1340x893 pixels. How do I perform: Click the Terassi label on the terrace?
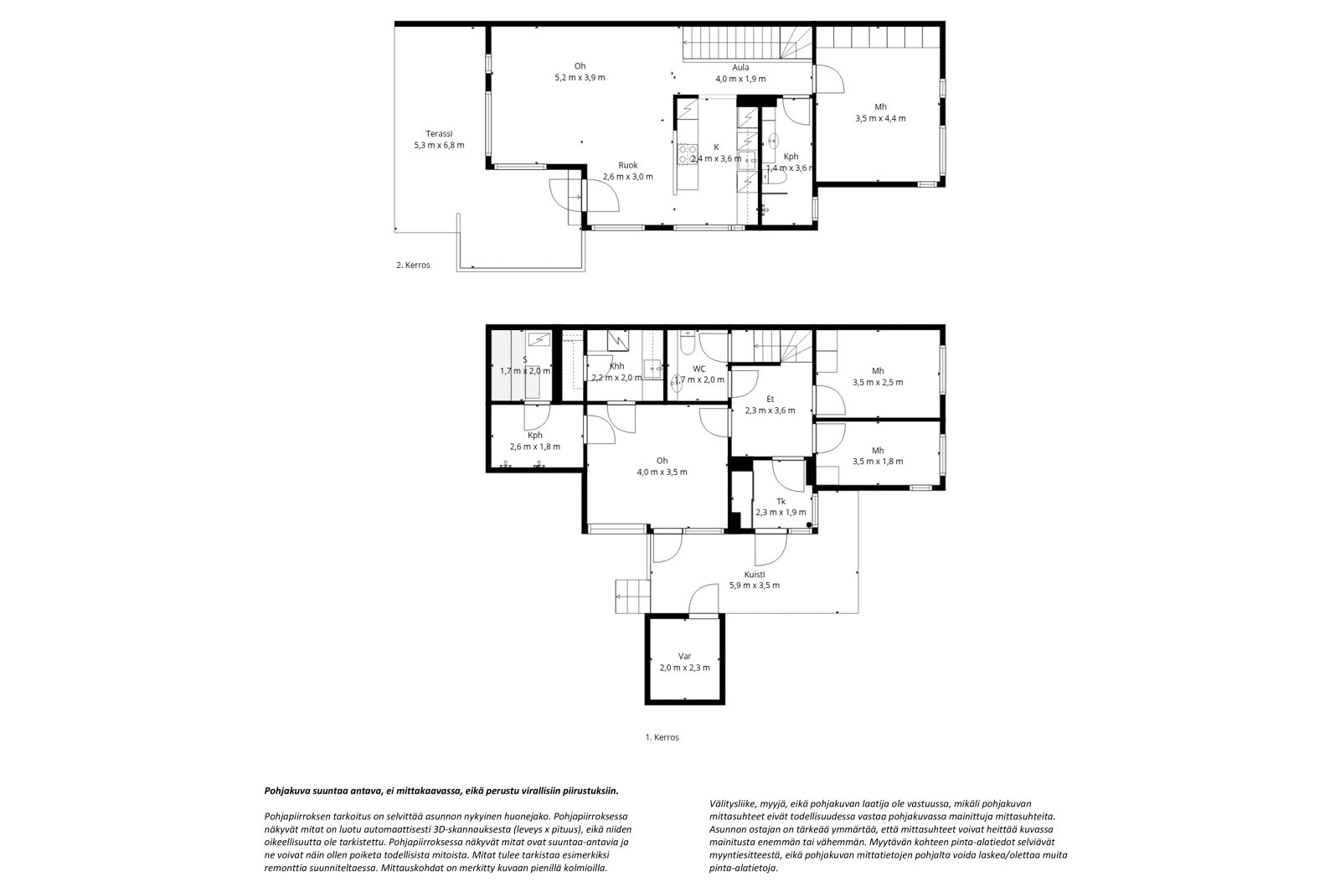click(439, 134)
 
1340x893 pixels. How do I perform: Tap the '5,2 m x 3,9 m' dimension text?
click(580, 77)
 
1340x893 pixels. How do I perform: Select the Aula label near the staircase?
click(740, 68)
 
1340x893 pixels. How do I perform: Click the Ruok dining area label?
click(628, 165)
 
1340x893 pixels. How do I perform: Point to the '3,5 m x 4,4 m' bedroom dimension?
click(880, 118)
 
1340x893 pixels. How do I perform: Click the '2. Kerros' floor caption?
click(413, 266)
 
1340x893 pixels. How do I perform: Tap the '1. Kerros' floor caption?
click(662, 737)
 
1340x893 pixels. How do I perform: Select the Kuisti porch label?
click(755, 575)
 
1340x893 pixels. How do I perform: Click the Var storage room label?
click(684, 657)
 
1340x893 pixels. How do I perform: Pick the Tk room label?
click(781, 502)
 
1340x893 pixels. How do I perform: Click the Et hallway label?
click(770, 400)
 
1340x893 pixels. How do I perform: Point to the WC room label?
click(699, 369)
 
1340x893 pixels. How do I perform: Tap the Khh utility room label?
click(616, 366)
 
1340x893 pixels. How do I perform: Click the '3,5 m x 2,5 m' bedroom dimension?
click(878, 383)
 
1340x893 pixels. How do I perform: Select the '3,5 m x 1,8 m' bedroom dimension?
click(878, 462)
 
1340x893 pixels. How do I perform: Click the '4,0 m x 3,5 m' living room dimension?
click(662, 472)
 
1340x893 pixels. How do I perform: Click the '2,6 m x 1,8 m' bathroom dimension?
click(535, 446)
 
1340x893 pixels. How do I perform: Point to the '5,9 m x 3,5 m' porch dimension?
click(755, 586)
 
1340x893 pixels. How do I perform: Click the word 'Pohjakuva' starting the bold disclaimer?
click(286, 791)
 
